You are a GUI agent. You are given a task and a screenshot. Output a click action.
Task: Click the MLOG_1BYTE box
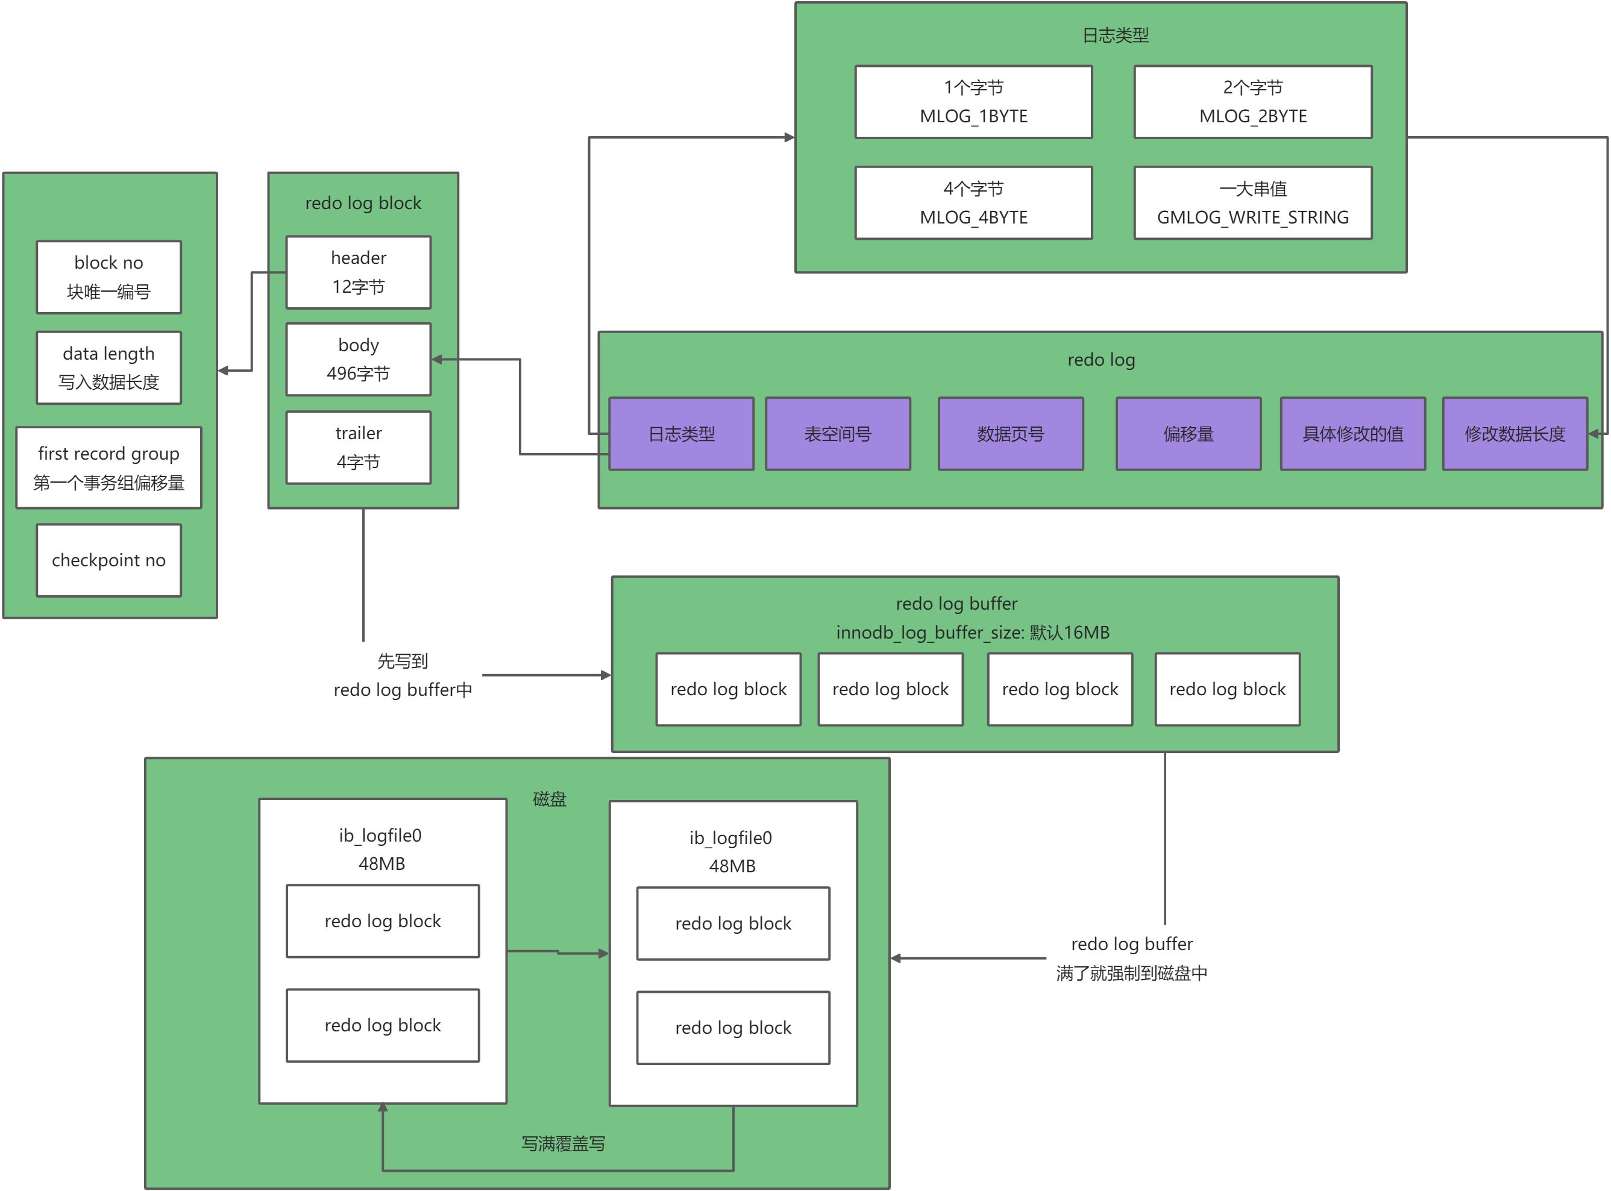coord(973,102)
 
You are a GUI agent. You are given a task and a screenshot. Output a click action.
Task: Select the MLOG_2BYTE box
coord(1252,102)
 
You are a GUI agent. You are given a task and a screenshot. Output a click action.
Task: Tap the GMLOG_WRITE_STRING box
coord(1252,202)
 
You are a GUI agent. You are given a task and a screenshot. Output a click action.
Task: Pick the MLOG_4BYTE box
coord(973,202)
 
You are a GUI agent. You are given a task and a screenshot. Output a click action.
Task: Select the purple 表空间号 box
coord(837,433)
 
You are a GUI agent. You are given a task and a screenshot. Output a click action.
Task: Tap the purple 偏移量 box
coord(1188,433)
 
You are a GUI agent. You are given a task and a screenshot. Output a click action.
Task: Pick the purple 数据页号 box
coord(1010,433)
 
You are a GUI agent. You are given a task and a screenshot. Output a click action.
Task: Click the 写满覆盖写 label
coord(562,1143)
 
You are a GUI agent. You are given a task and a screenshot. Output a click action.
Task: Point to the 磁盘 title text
coord(550,799)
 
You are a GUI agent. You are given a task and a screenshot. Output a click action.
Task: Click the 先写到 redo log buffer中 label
coord(403,675)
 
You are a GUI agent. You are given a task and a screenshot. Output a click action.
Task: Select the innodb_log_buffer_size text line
coord(972,633)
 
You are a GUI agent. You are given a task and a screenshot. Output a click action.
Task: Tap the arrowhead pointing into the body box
coord(437,359)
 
